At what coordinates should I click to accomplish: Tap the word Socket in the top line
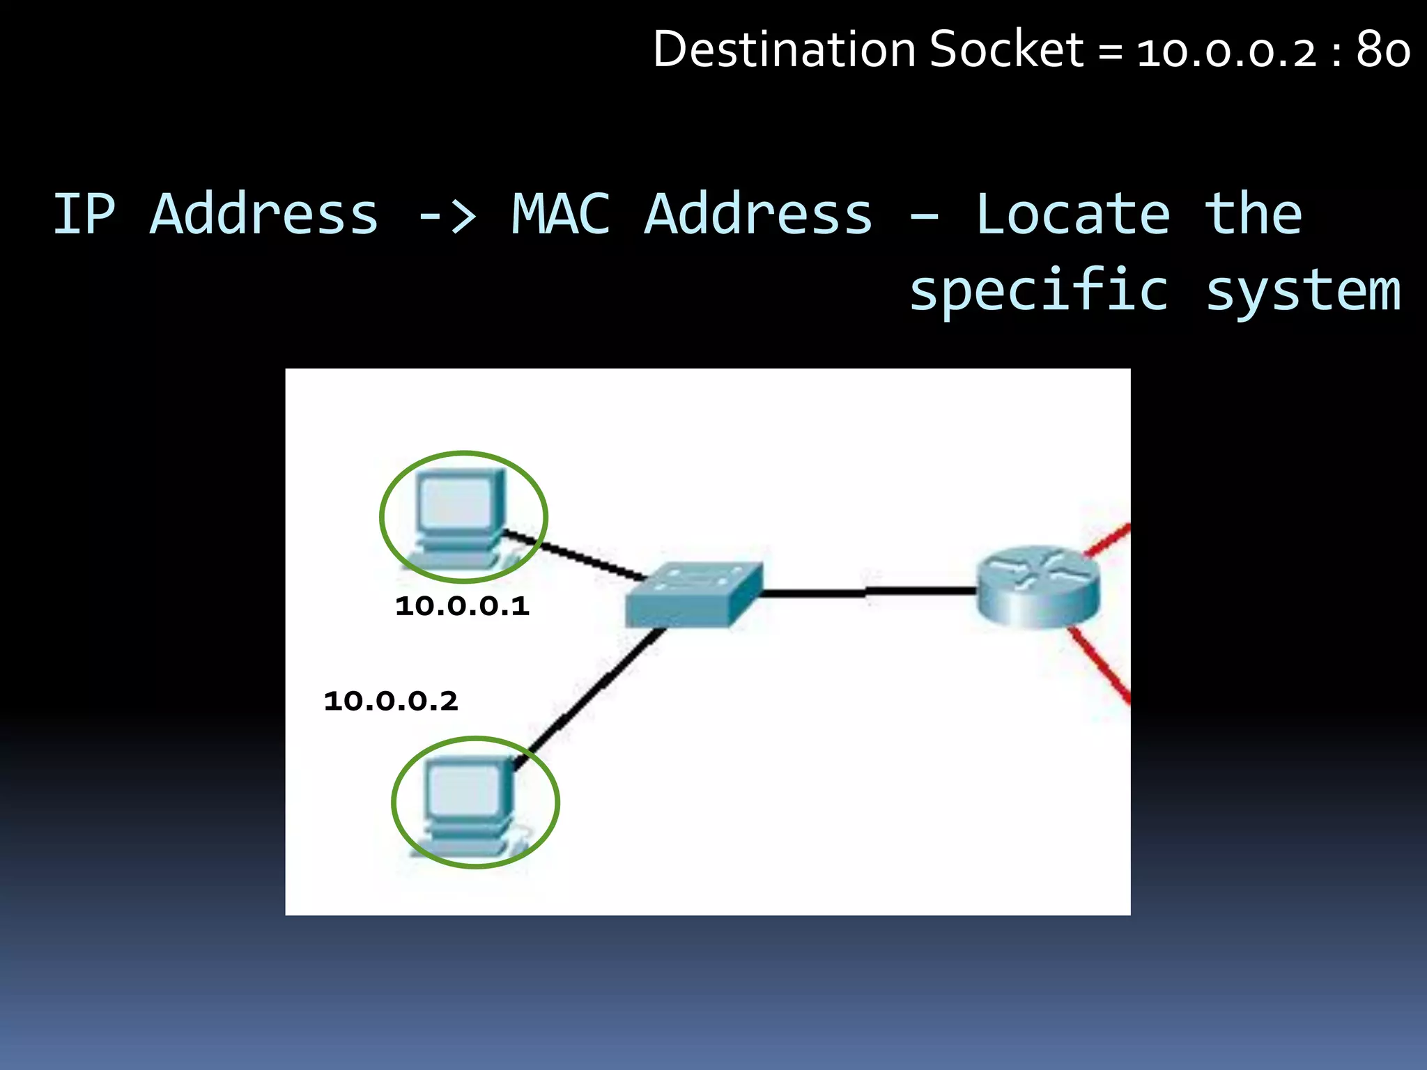pos(1006,50)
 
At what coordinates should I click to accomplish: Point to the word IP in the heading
pos(84,214)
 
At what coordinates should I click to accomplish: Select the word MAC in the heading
pos(561,214)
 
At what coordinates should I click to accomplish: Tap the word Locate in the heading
pos(1072,214)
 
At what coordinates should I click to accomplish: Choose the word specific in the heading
pos(1038,291)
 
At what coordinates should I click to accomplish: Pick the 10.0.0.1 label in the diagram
pos(462,606)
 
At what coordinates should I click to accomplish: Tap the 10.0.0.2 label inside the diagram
pos(391,701)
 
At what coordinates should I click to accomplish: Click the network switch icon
pos(694,594)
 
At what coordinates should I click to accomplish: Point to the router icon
pos(1038,587)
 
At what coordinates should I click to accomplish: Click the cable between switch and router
pos(867,593)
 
